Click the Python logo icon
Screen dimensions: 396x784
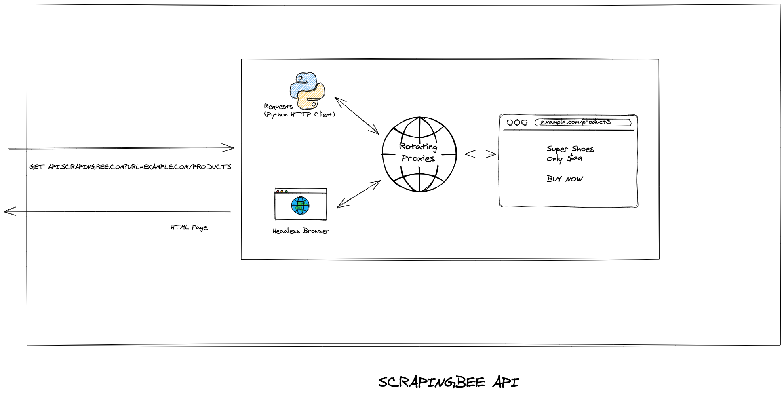coord(307,91)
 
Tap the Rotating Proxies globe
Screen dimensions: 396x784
coord(419,154)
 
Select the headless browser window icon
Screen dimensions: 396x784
coord(301,204)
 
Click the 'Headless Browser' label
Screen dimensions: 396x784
coord(301,231)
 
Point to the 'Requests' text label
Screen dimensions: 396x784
coord(278,106)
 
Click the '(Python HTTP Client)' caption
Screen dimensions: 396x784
coord(299,114)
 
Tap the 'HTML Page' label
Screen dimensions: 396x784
coord(189,227)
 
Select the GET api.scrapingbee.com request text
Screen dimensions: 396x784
coord(130,166)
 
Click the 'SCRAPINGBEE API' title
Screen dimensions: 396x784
coord(449,382)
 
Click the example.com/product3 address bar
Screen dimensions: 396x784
coord(583,122)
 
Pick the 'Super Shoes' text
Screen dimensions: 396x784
coord(570,149)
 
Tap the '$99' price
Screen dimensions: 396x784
coord(574,158)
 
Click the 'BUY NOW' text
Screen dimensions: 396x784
coord(565,179)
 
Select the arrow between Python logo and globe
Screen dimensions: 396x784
coord(357,116)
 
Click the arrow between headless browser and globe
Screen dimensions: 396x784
coord(358,194)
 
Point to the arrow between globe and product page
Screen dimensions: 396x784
coord(480,154)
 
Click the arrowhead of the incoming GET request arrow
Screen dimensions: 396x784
coord(230,148)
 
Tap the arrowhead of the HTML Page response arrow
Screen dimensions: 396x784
coord(8,211)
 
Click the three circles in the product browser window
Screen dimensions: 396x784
coord(517,122)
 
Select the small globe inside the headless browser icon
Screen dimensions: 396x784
coord(300,205)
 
